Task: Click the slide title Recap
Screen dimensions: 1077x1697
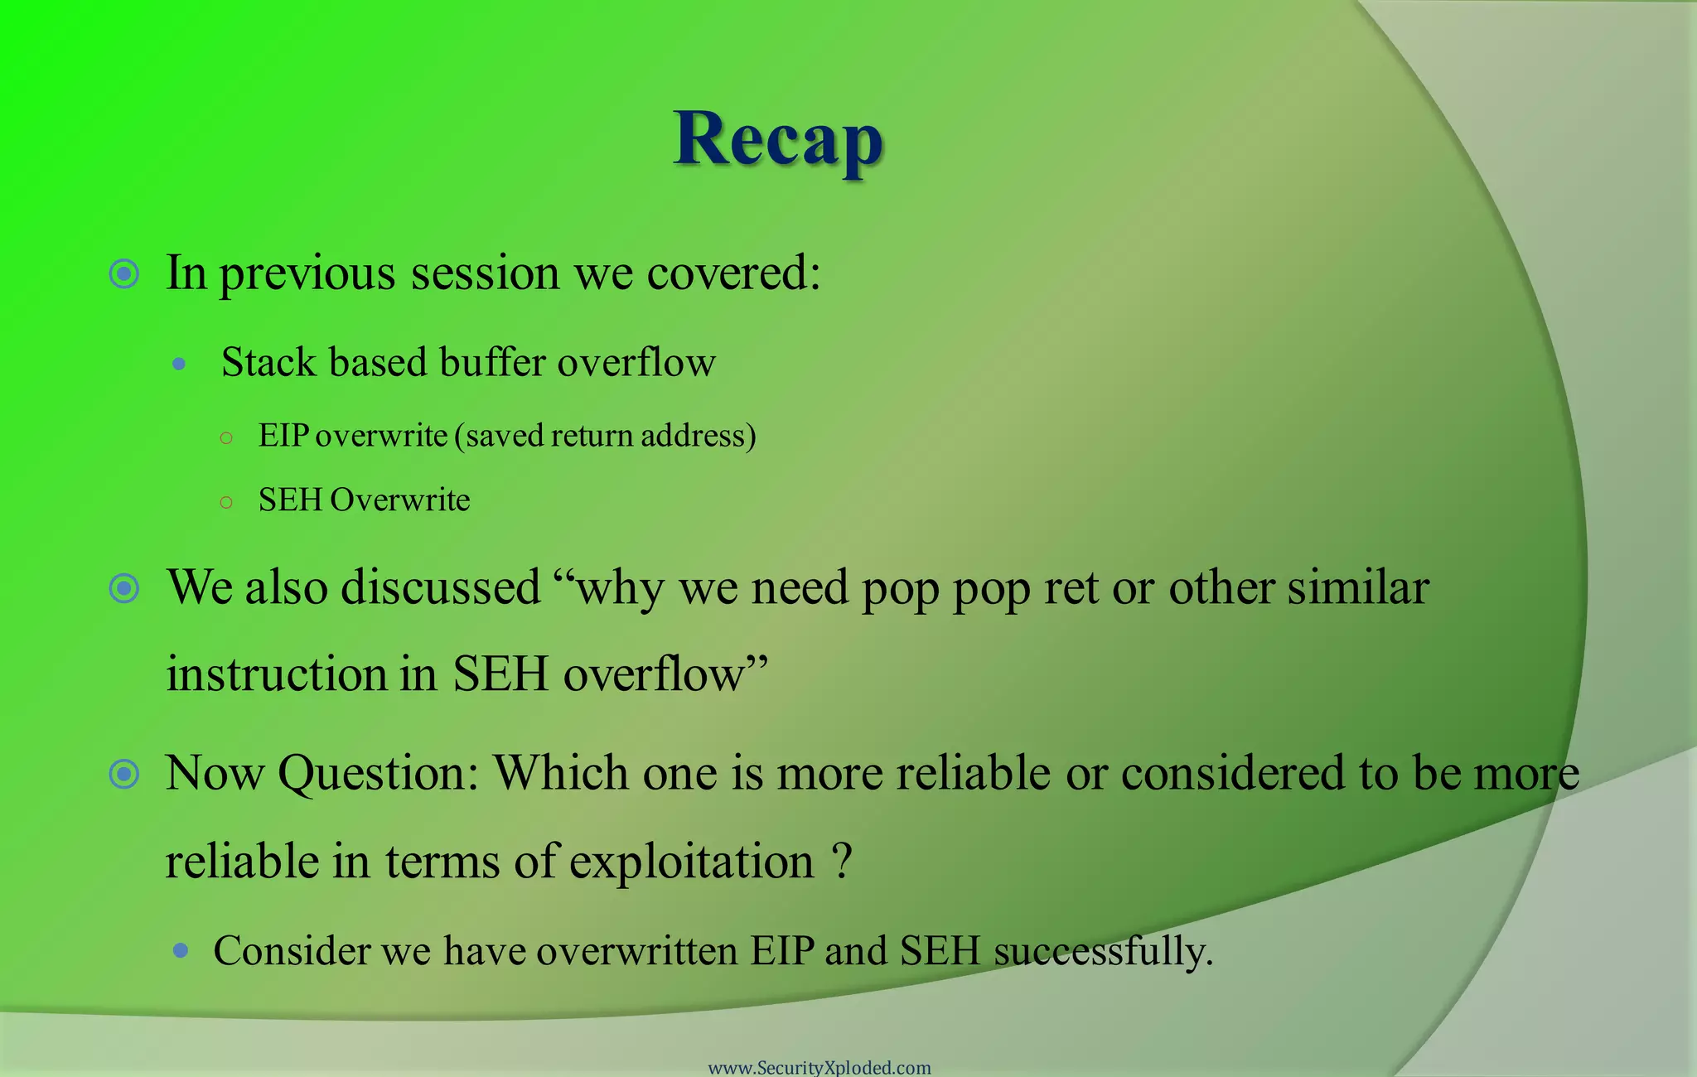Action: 777,139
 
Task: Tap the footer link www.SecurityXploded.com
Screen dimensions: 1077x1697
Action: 819,1067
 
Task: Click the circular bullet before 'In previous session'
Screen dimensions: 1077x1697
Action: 124,273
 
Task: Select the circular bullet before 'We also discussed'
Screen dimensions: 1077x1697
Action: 124,588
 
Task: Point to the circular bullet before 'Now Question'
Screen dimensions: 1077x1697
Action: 124,774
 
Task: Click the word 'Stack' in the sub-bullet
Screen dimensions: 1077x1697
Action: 268,363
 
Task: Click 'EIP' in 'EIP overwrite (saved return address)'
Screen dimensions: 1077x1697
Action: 283,436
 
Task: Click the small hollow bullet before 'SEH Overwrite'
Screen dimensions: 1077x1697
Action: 226,502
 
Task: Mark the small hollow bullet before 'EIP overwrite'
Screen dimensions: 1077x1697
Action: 226,438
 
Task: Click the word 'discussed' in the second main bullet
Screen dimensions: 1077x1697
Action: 440,587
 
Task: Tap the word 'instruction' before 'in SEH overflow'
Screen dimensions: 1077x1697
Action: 277,674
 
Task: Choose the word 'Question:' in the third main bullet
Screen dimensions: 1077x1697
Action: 378,774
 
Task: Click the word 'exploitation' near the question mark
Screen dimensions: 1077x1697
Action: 691,862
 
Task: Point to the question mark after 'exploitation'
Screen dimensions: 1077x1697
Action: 841,861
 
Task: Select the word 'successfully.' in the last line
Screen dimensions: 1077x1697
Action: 1103,951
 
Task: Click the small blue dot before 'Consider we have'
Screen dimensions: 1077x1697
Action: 181,950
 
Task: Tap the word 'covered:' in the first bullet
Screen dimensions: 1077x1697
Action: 733,273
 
